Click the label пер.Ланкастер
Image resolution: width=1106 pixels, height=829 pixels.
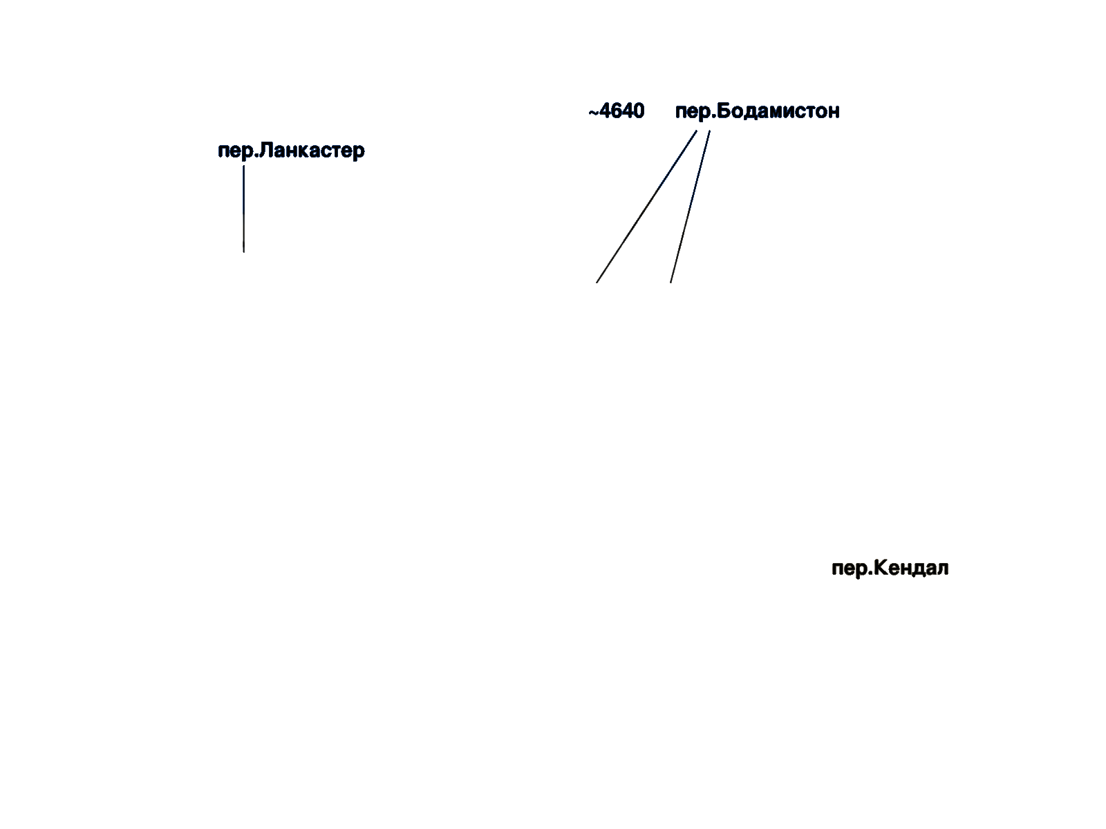[x=291, y=151]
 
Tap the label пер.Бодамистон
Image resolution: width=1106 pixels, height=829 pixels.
[x=758, y=111]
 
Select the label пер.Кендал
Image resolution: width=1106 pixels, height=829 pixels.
[x=890, y=569]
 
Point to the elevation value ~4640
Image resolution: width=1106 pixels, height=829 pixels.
[x=616, y=111]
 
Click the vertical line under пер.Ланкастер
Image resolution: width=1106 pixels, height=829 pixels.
[x=244, y=209]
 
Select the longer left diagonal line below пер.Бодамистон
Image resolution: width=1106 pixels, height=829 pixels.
[x=646, y=207]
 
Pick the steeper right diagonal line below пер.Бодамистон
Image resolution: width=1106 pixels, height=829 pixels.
[x=691, y=207]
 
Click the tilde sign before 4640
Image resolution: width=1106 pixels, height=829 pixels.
[x=594, y=112]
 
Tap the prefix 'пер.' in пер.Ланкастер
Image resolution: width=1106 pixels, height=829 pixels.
[x=237, y=151]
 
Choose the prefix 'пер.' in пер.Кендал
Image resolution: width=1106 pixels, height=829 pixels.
[x=851, y=569]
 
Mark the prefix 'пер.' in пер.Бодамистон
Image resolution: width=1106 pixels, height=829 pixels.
[x=695, y=112]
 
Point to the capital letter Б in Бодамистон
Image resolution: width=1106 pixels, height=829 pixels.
[x=724, y=111]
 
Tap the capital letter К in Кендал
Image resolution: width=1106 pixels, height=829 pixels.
[x=880, y=568]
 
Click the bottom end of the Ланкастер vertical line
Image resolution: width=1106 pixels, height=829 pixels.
[x=244, y=252]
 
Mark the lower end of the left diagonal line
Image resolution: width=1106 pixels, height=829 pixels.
[x=597, y=283]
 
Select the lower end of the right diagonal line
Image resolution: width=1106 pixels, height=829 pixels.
[x=671, y=283]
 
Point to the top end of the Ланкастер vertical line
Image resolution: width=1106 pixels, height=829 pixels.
[x=244, y=166]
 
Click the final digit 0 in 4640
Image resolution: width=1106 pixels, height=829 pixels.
[x=639, y=111]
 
